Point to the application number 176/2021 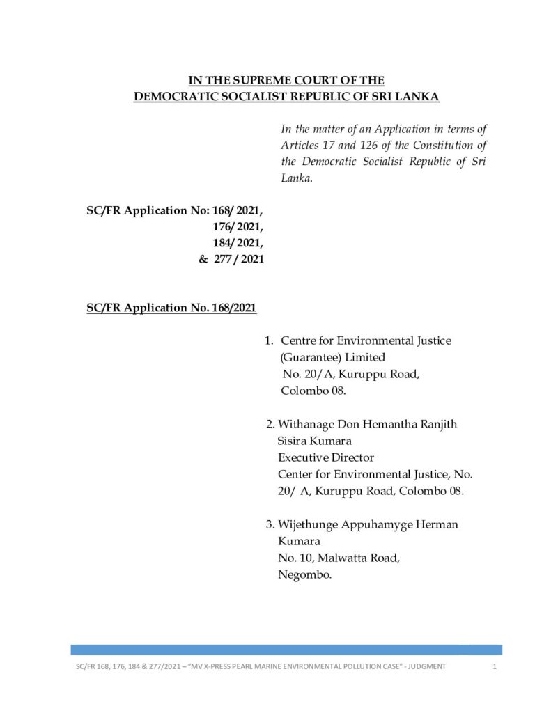pos(238,226)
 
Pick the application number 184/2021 pos(238,242)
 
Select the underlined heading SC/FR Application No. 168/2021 pos(171,308)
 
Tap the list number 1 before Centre pos(267,341)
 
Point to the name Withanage pos(308,424)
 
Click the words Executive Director pos(325,457)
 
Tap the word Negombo pos(304,574)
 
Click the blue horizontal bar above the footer pos(286,650)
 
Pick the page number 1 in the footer pos(494,667)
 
